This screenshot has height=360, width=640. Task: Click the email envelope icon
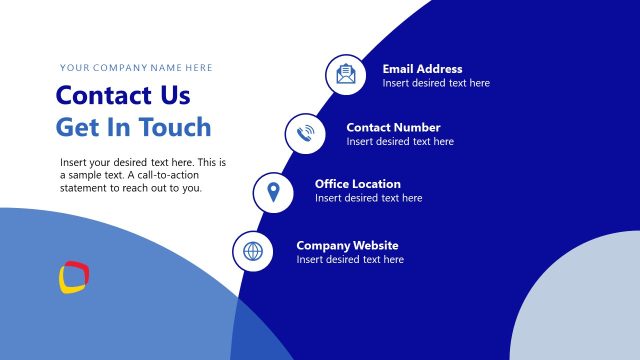(x=346, y=75)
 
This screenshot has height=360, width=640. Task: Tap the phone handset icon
(x=306, y=133)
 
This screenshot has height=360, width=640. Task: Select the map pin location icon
(x=273, y=191)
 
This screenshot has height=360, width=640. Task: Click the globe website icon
(x=253, y=251)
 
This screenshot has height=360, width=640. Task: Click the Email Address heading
(x=422, y=69)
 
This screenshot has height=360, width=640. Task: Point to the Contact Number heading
(x=393, y=127)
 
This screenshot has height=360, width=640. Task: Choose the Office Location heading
(x=357, y=184)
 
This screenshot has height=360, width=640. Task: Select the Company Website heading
(x=347, y=245)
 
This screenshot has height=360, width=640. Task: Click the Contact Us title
(x=122, y=96)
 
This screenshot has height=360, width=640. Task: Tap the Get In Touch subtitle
(x=133, y=127)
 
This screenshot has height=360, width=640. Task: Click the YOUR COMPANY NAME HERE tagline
(x=136, y=68)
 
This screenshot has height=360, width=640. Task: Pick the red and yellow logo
(x=75, y=277)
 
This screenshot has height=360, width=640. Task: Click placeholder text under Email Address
(x=436, y=83)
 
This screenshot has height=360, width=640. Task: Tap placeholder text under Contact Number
(x=400, y=141)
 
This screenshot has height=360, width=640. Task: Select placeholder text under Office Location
(x=368, y=198)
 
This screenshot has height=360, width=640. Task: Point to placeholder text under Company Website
(x=350, y=259)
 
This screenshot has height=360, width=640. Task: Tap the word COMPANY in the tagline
(x=123, y=68)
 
